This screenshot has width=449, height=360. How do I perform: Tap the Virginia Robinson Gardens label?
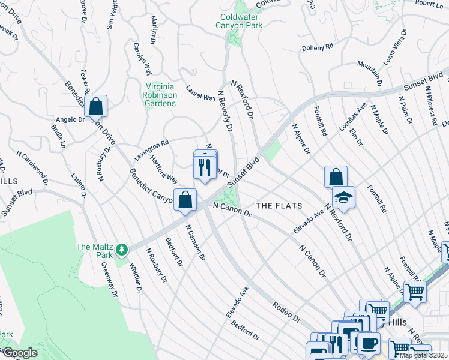(x=160, y=94)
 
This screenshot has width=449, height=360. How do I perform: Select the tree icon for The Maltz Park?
(x=121, y=248)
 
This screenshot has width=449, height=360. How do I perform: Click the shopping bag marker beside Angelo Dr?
(x=95, y=107)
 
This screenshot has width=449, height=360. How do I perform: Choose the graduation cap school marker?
(x=343, y=198)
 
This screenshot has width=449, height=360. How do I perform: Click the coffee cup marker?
(x=368, y=344)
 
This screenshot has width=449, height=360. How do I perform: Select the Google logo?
(x=19, y=353)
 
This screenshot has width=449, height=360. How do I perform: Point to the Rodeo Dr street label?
(x=286, y=311)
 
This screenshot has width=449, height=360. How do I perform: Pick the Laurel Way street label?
(x=200, y=93)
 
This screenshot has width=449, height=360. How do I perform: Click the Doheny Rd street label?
(x=318, y=47)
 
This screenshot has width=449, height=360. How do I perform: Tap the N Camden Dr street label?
(x=196, y=243)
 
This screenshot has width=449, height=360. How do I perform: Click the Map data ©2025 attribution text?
(x=423, y=355)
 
